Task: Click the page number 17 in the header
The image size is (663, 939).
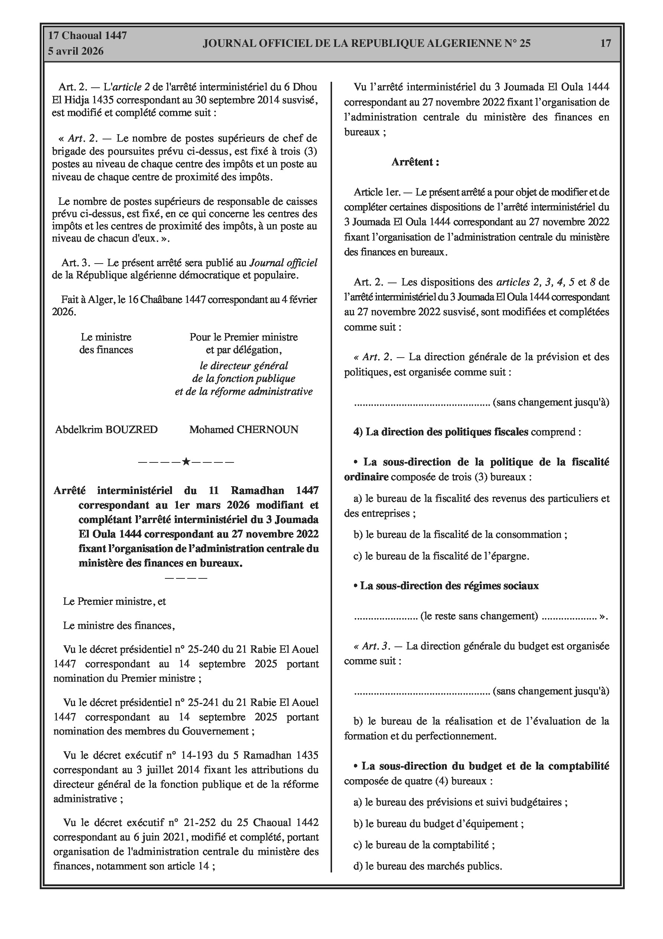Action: [605, 43]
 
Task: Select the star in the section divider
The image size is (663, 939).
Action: [186, 462]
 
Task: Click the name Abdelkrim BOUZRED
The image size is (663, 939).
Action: [106, 429]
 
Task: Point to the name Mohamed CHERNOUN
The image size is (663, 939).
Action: [244, 429]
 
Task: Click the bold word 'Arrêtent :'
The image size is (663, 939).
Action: [415, 162]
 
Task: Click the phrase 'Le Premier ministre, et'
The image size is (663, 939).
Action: [114, 601]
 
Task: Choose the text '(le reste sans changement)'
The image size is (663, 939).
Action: [479, 616]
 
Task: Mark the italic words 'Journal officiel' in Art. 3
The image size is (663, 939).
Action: [283, 263]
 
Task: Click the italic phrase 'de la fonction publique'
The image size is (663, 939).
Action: [244, 379]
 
